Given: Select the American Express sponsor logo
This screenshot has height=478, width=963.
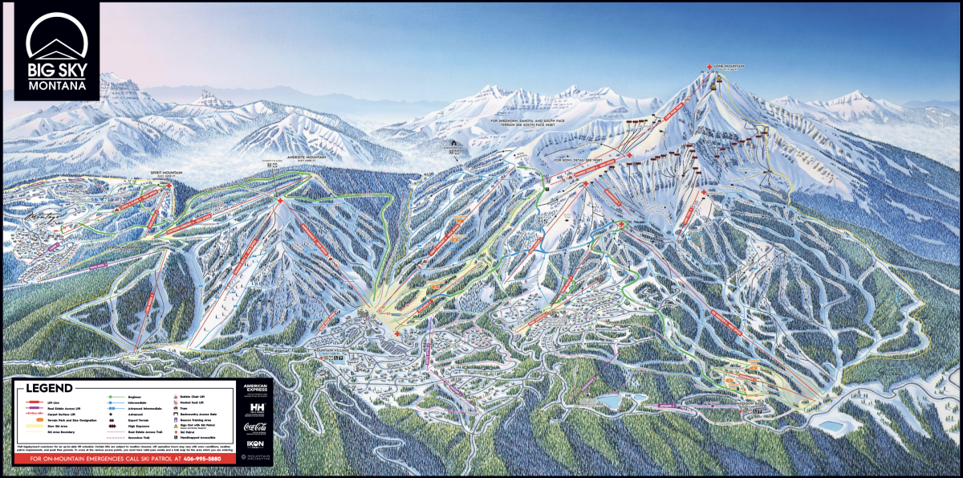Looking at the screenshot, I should click(x=256, y=390).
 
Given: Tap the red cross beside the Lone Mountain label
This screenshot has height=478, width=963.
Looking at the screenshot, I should click(x=709, y=67).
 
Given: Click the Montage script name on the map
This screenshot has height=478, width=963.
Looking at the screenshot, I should click(x=45, y=216).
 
